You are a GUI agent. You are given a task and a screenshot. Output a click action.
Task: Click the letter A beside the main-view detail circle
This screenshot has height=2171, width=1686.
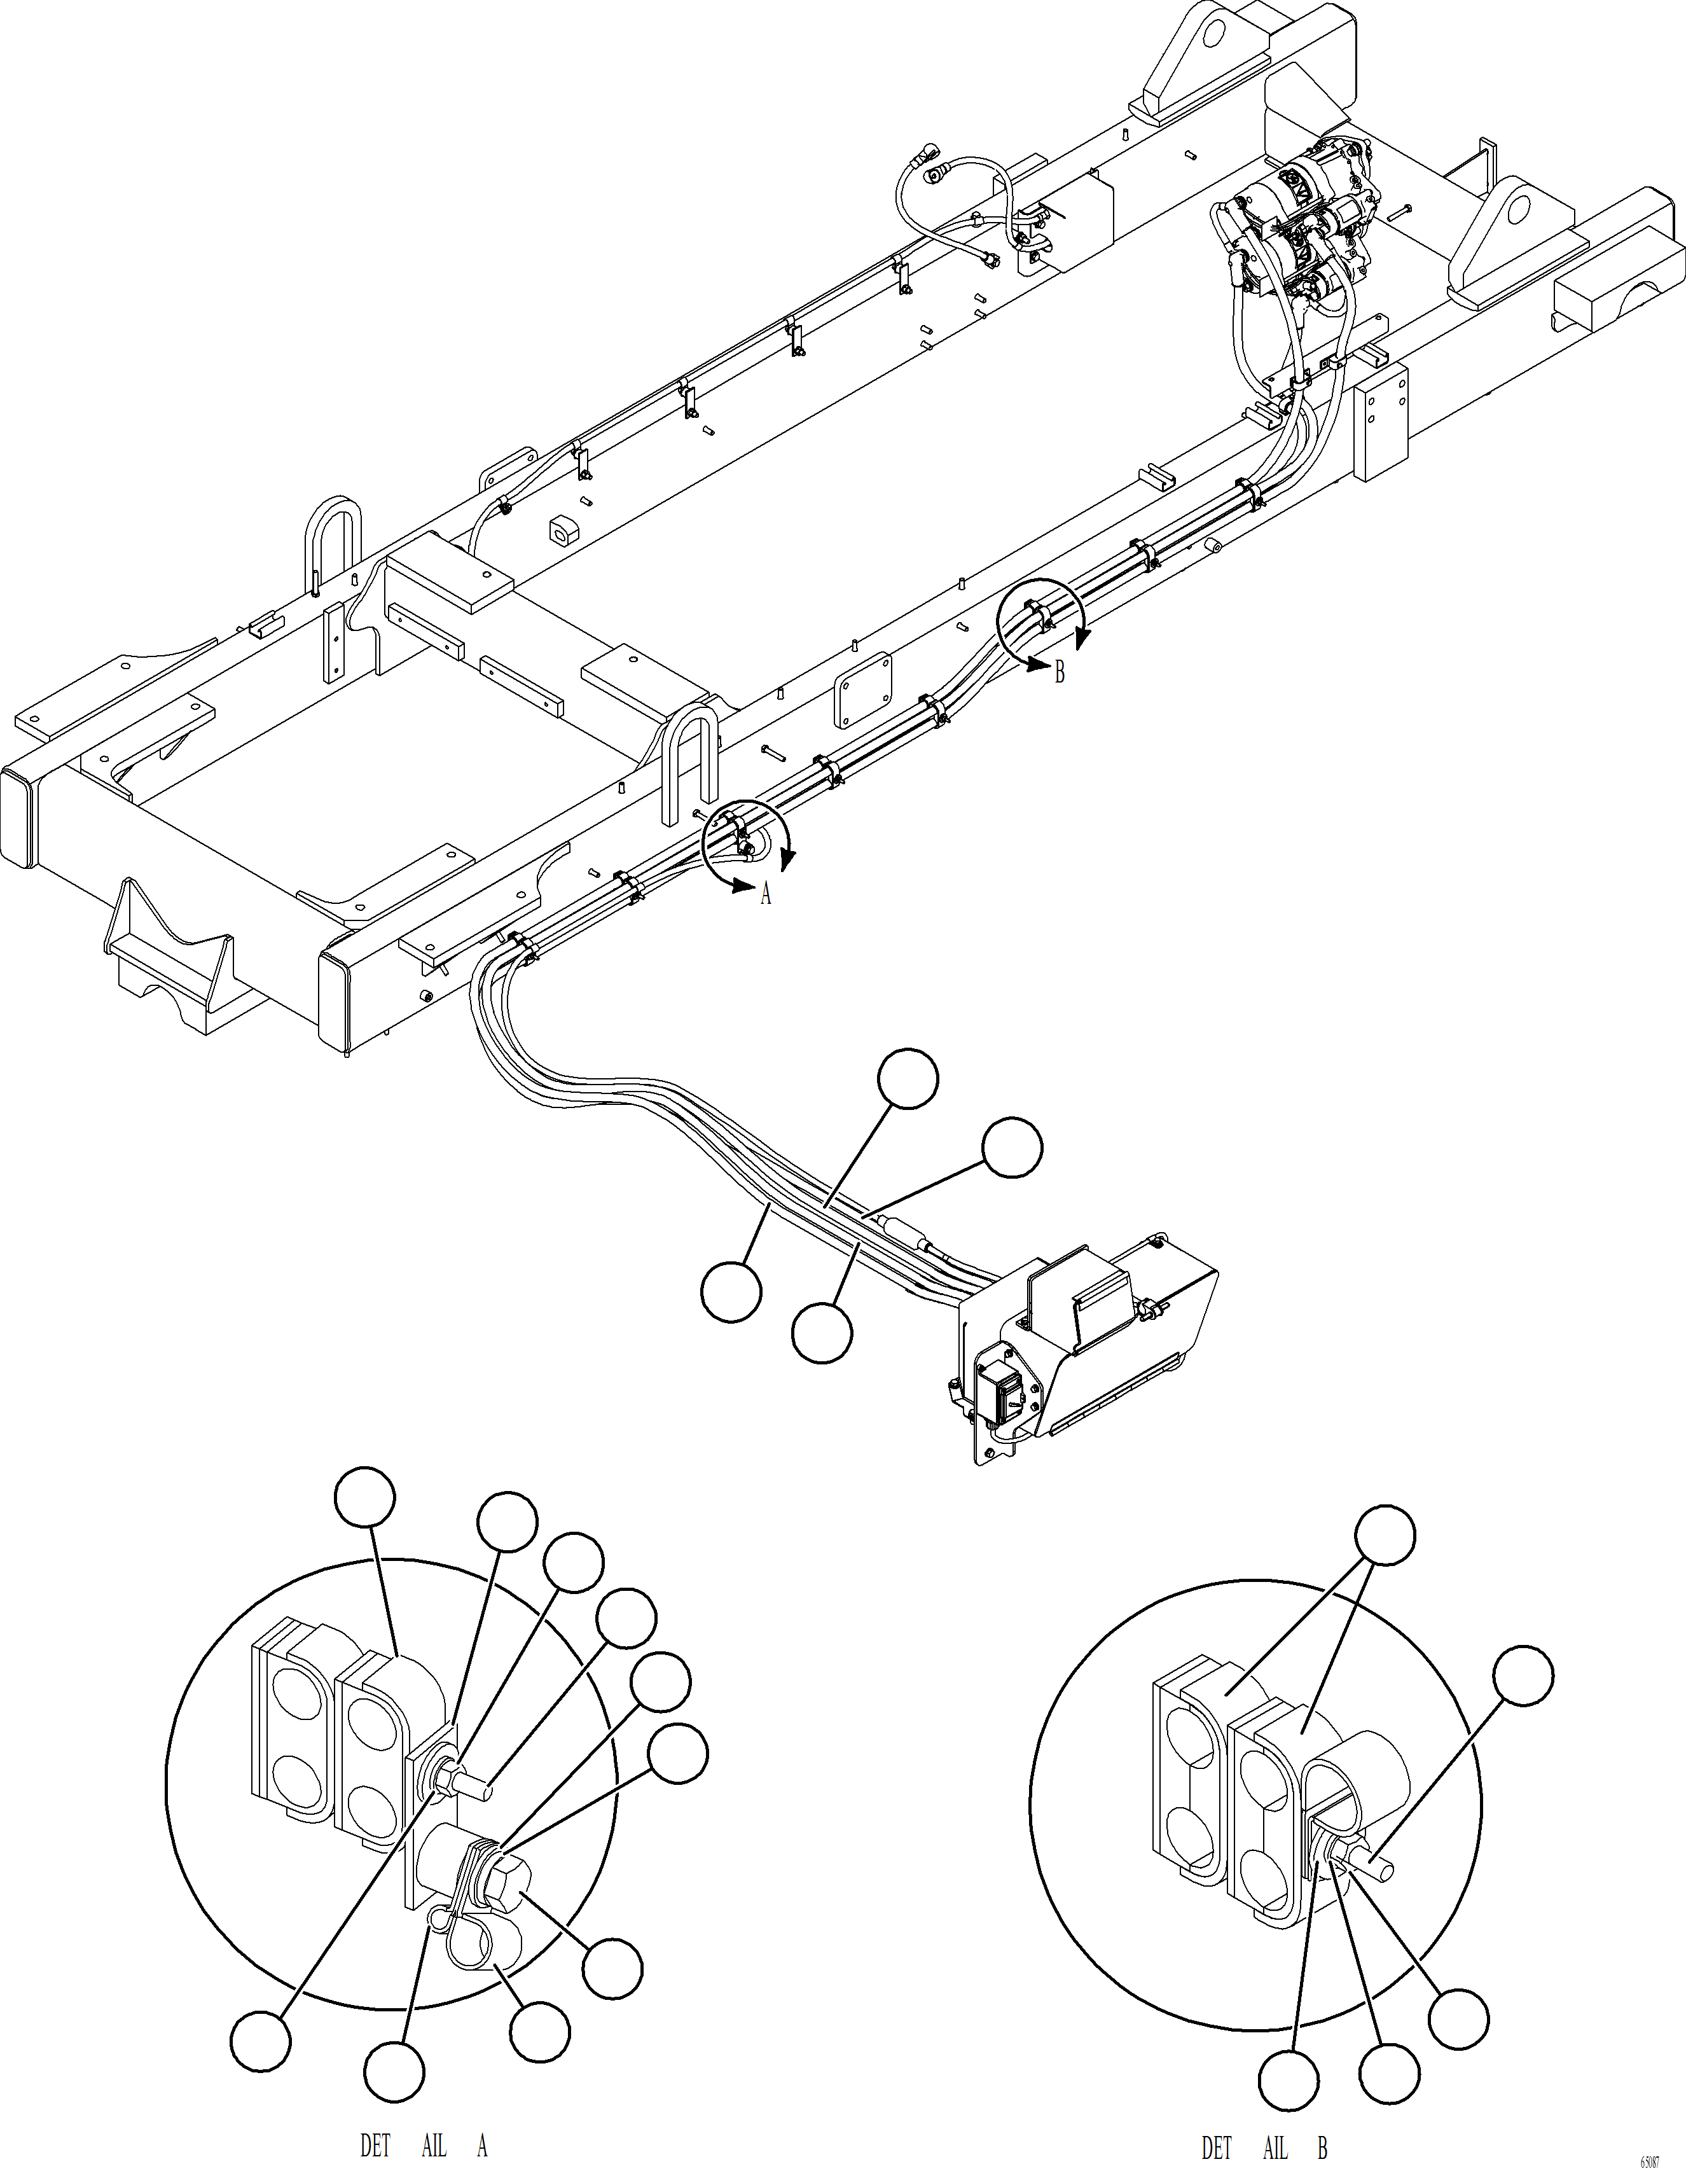click(x=766, y=894)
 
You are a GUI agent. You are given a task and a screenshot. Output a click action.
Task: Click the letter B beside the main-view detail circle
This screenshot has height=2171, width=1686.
click(x=1060, y=673)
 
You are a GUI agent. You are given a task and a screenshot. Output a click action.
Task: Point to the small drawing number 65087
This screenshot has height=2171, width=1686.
click(x=1649, y=2159)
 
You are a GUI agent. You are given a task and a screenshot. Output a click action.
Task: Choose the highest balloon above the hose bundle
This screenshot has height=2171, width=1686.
click(x=908, y=1079)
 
